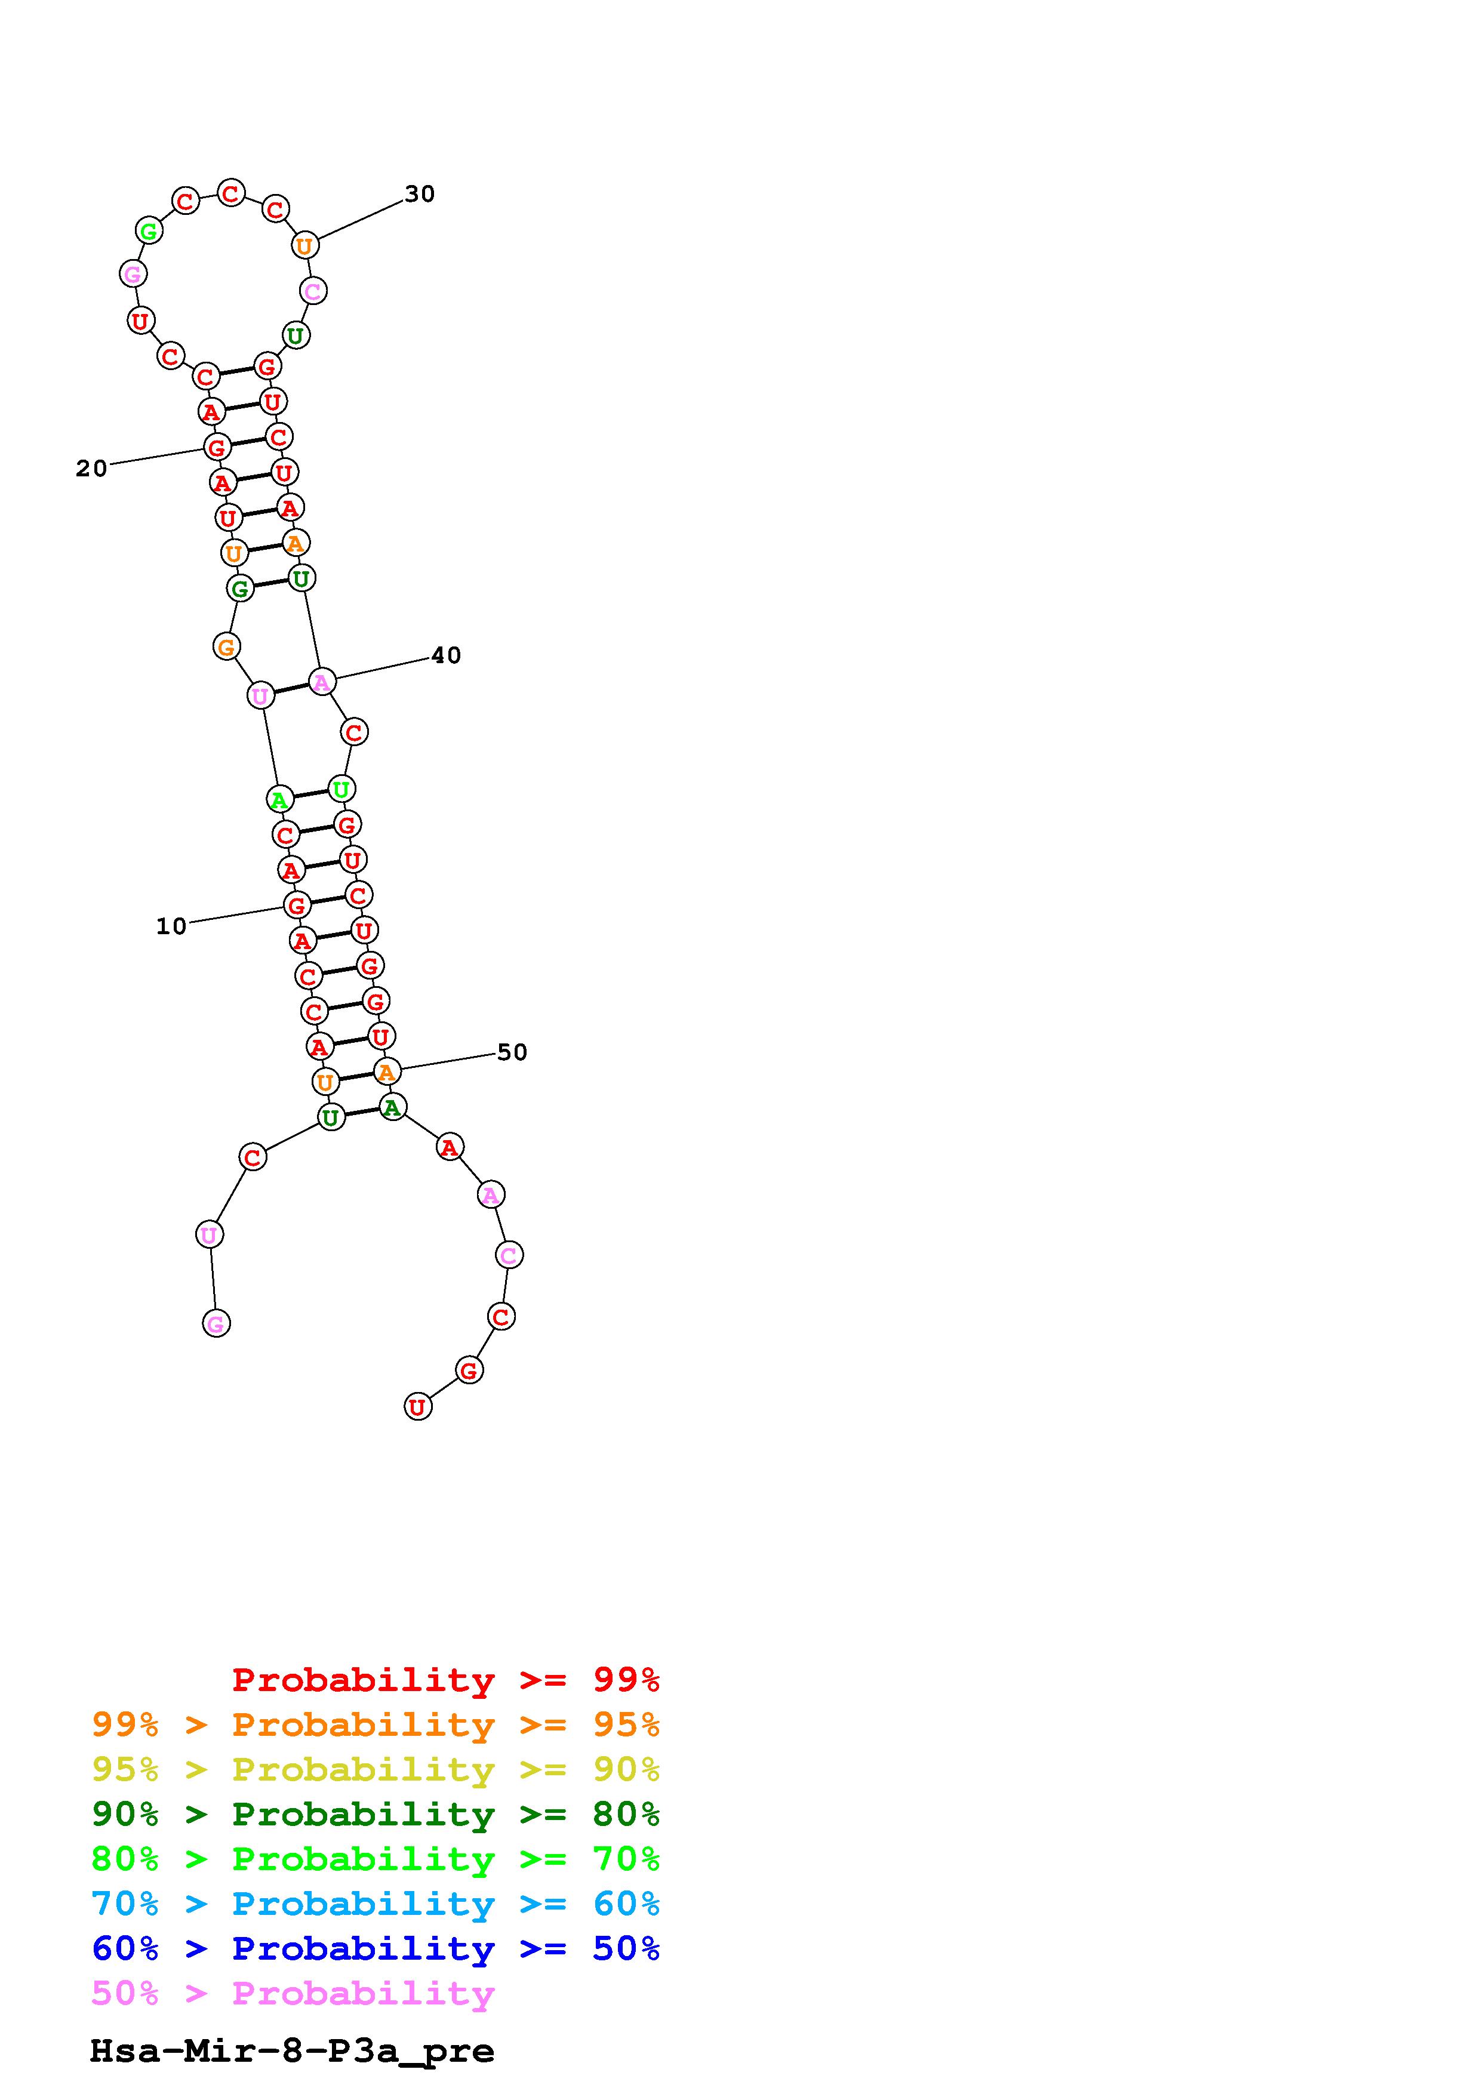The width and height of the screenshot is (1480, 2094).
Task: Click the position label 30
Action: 420,194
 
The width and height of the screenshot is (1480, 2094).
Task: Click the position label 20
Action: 91,469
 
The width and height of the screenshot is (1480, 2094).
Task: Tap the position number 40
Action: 446,656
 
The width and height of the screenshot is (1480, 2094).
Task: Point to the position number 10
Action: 171,926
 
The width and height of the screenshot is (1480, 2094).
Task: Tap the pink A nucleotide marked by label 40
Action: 322,681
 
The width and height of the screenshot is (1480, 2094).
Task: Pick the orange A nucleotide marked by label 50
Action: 387,1071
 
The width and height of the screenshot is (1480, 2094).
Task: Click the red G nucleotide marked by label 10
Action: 296,906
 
